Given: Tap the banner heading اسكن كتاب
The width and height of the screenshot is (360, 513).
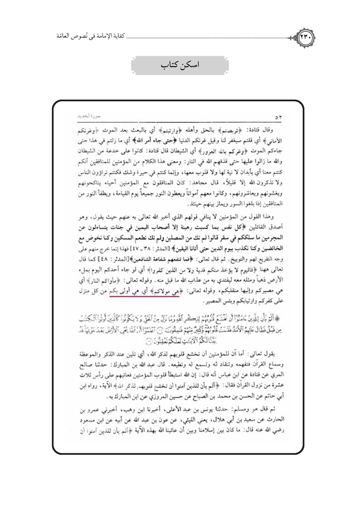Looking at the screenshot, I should click(x=179, y=67).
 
